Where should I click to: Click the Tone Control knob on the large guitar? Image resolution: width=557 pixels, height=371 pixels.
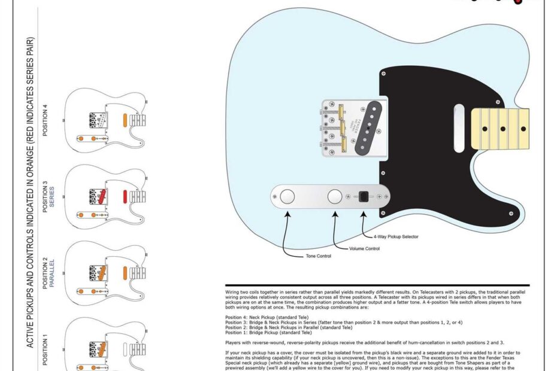[x=288, y=196]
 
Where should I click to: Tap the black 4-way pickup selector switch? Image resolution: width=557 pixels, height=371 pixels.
[x=363, y=197]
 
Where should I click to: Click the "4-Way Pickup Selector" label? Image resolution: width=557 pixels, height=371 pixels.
[x=396, y=236]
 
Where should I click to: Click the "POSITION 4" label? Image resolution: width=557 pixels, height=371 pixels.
[x=46, y=120]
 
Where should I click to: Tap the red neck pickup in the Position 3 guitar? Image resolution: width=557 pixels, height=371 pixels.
[x=124, y=196]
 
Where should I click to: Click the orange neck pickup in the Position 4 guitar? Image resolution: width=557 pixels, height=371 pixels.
[x=124, y=119]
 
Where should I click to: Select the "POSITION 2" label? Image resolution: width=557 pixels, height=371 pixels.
[x=46, y=275]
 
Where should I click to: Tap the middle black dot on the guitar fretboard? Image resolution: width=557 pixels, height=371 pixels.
[x=503, y=128]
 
